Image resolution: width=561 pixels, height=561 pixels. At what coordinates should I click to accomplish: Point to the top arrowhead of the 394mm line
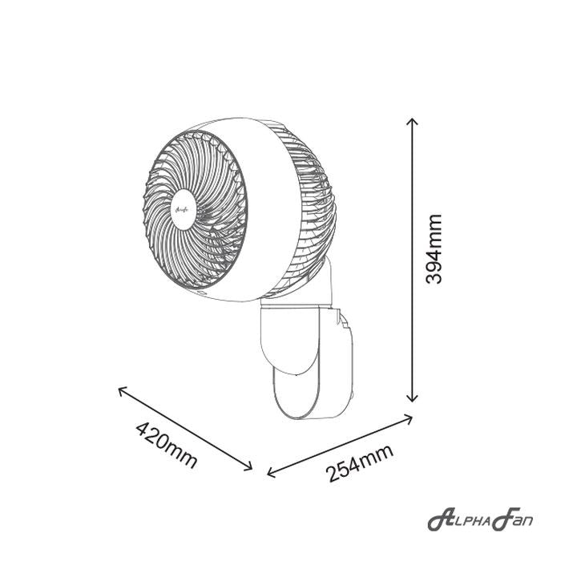pyautogui.click(x=413, y=121)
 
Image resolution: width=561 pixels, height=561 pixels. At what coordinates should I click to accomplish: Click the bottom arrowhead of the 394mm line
pyautogui.click(x=413, y=398)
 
